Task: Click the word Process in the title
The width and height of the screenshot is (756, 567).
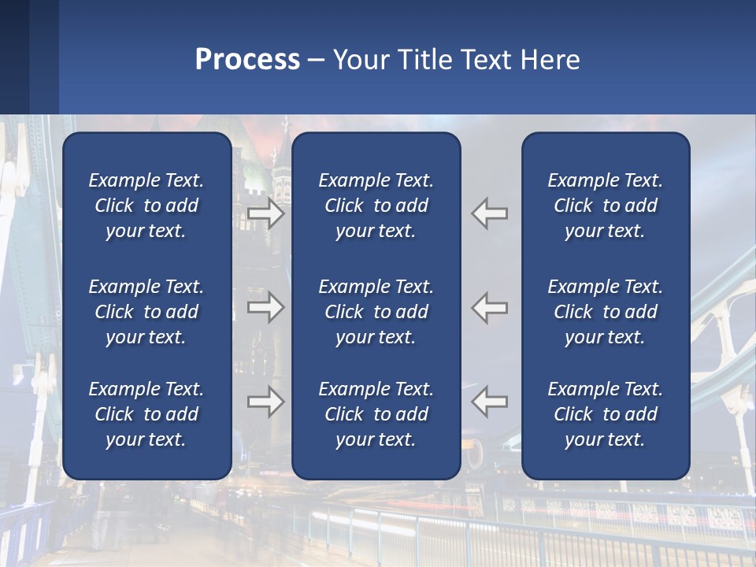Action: (247, 60)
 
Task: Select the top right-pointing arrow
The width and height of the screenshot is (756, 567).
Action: (265, 213)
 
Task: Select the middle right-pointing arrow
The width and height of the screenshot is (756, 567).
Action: (265, 307)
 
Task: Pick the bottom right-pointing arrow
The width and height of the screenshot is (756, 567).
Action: (265, 402)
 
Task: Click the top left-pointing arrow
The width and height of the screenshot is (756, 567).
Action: (490, 213)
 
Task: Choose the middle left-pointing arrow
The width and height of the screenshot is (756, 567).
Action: (490, 307)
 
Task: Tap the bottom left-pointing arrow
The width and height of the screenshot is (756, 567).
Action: (490, 402)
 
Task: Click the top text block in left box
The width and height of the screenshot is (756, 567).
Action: (146, 206)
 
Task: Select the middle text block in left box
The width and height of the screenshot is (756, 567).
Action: (146, 312)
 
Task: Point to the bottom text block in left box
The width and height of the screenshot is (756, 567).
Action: (146, 414)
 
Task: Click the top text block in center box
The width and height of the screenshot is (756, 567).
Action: (376, 206)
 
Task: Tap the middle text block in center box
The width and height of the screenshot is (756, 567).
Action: (376, 312)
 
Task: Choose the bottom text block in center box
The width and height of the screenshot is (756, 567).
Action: (376, 414)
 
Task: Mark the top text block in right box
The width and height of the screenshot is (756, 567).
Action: (606, 206)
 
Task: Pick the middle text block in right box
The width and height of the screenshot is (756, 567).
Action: (606, 312)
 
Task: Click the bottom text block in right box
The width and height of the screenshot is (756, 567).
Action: (606, 414)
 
